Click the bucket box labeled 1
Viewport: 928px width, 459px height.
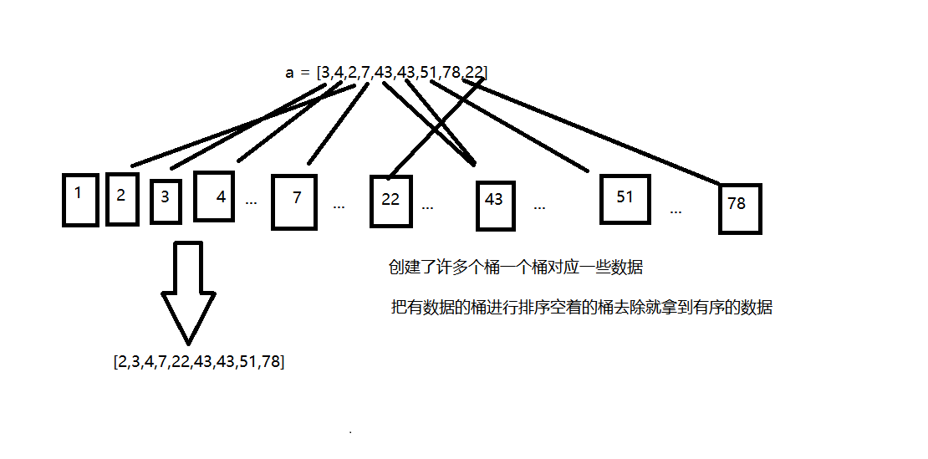81,199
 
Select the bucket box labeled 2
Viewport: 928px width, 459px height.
122,199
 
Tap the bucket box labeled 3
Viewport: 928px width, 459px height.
166,201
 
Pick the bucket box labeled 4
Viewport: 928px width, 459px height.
214,196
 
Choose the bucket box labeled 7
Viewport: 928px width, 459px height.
294,201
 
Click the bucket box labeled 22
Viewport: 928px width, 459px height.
391,201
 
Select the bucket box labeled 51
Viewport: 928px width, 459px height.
625,199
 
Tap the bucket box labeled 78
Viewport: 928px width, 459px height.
740,208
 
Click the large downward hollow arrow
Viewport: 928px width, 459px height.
189,288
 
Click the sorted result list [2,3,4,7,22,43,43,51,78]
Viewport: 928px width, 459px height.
198,362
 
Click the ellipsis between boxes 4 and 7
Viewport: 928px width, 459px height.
251,202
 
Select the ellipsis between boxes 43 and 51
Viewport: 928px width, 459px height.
539,206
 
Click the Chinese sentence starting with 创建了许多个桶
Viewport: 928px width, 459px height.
515,268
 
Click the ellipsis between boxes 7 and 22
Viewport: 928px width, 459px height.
339,206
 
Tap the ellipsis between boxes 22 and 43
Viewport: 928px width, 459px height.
427,206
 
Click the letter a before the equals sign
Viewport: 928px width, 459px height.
290,73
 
